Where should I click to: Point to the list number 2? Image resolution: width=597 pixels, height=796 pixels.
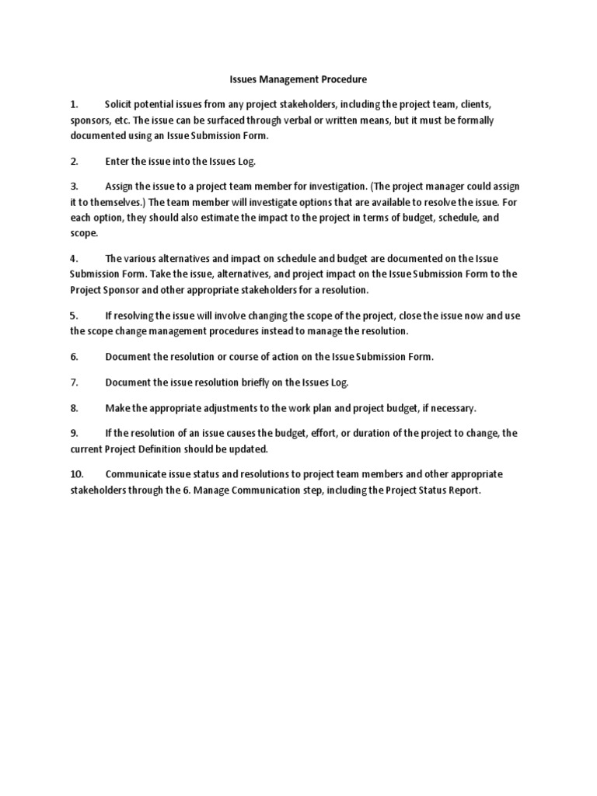click(74, 162)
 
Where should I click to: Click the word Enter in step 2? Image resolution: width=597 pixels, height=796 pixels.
click(118, 162)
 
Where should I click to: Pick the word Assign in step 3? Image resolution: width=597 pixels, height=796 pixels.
click(121, 187)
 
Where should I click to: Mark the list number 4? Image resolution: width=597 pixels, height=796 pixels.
click(74, 258)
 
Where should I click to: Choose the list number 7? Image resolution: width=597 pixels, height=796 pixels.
click(74, 382)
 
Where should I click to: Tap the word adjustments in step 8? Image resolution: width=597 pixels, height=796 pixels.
click(223, 407)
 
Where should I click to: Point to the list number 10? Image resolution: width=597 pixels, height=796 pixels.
click(76, 474)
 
